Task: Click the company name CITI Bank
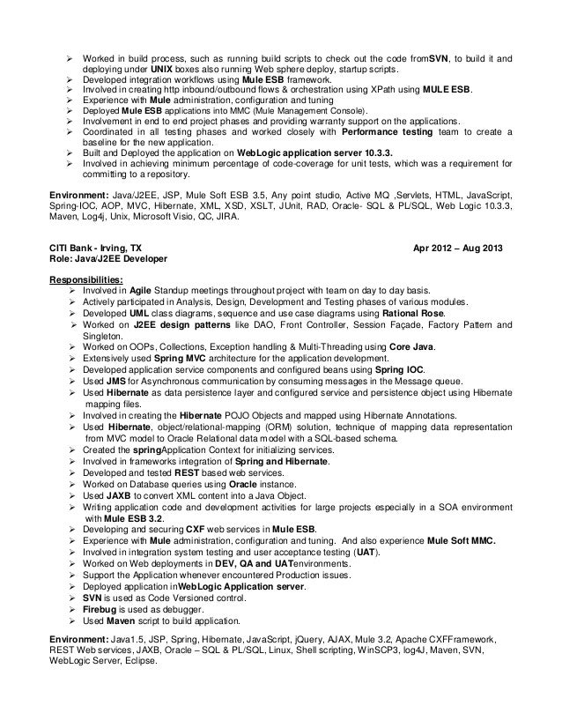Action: coord(77,249)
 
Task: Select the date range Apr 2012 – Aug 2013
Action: coord(458,249)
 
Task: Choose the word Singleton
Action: coord(105,337)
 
